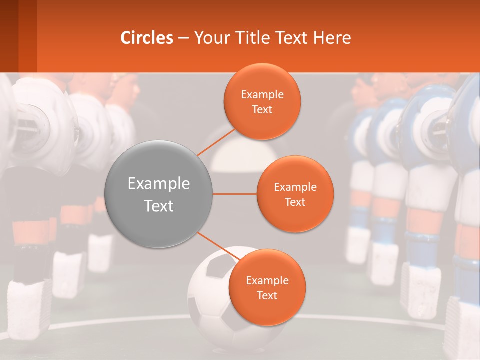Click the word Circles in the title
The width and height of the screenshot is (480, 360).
146,38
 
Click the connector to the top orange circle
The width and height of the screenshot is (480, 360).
216,141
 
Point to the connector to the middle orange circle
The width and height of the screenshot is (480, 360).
235,194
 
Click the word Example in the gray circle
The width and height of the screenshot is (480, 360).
158,184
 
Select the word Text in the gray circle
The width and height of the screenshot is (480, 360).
158,206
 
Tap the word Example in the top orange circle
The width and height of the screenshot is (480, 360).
262,95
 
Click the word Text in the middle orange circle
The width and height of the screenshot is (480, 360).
295,202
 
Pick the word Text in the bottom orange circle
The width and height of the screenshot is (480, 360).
267,295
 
